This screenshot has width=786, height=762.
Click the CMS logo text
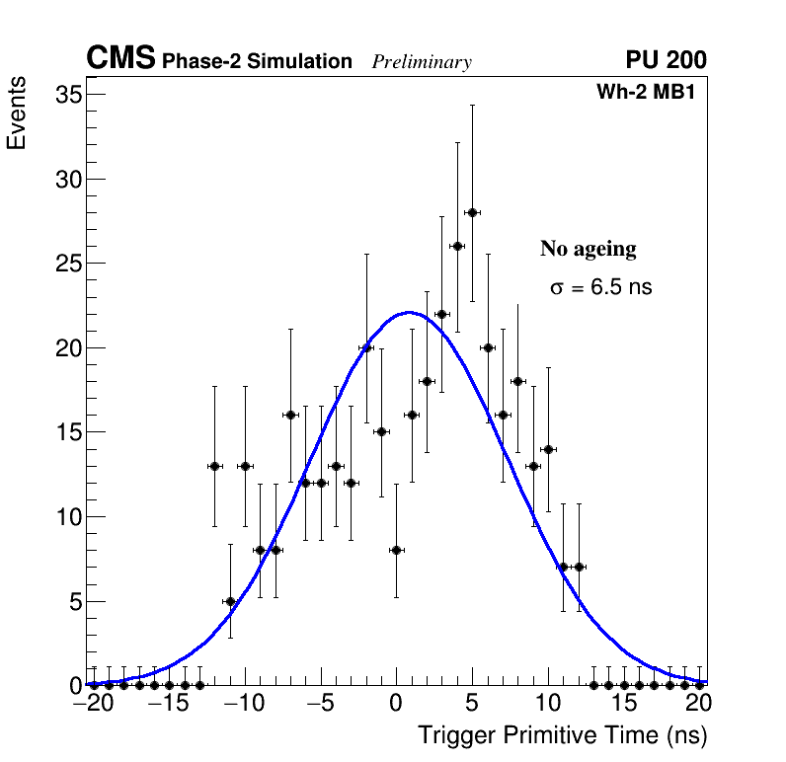[x=120, y=59]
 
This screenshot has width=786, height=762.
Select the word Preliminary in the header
[x=422, y=62]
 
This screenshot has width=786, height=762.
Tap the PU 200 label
[x=666, y=60]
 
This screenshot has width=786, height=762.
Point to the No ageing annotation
[x=588, y=249]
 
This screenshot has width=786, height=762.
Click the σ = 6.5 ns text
[x=600, y=288]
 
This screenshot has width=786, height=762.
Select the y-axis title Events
[x=17, y=116]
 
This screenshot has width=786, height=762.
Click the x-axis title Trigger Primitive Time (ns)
[x=562, y=735]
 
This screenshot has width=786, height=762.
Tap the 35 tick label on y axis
[x=66, y=95]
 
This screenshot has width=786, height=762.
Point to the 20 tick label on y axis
[x=66, y=347]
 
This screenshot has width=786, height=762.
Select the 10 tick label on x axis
[x=548, y=704]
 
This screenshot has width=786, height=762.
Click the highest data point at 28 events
[x=472, y=212]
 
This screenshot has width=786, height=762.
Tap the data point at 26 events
[x=457, y=246]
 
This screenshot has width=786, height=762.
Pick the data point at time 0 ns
[x=396, y=550]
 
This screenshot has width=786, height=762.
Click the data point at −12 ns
[x=214, y=466]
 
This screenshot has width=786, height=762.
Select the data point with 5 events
[x=230, y=600]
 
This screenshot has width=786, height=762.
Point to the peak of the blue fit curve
[x=409, y=313]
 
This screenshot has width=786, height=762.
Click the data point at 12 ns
[x=579, y=567]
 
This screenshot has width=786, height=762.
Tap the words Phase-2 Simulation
[x=257, y=62]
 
